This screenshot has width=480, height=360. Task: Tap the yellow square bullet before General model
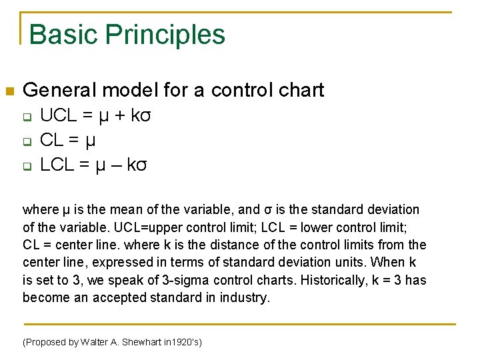pos(9,91)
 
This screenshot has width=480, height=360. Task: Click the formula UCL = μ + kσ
pos(96,116)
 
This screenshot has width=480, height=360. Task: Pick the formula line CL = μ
pos(68,140)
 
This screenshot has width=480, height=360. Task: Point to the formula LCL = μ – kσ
pos(93,164)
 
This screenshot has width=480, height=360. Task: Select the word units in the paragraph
pos(349,263)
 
